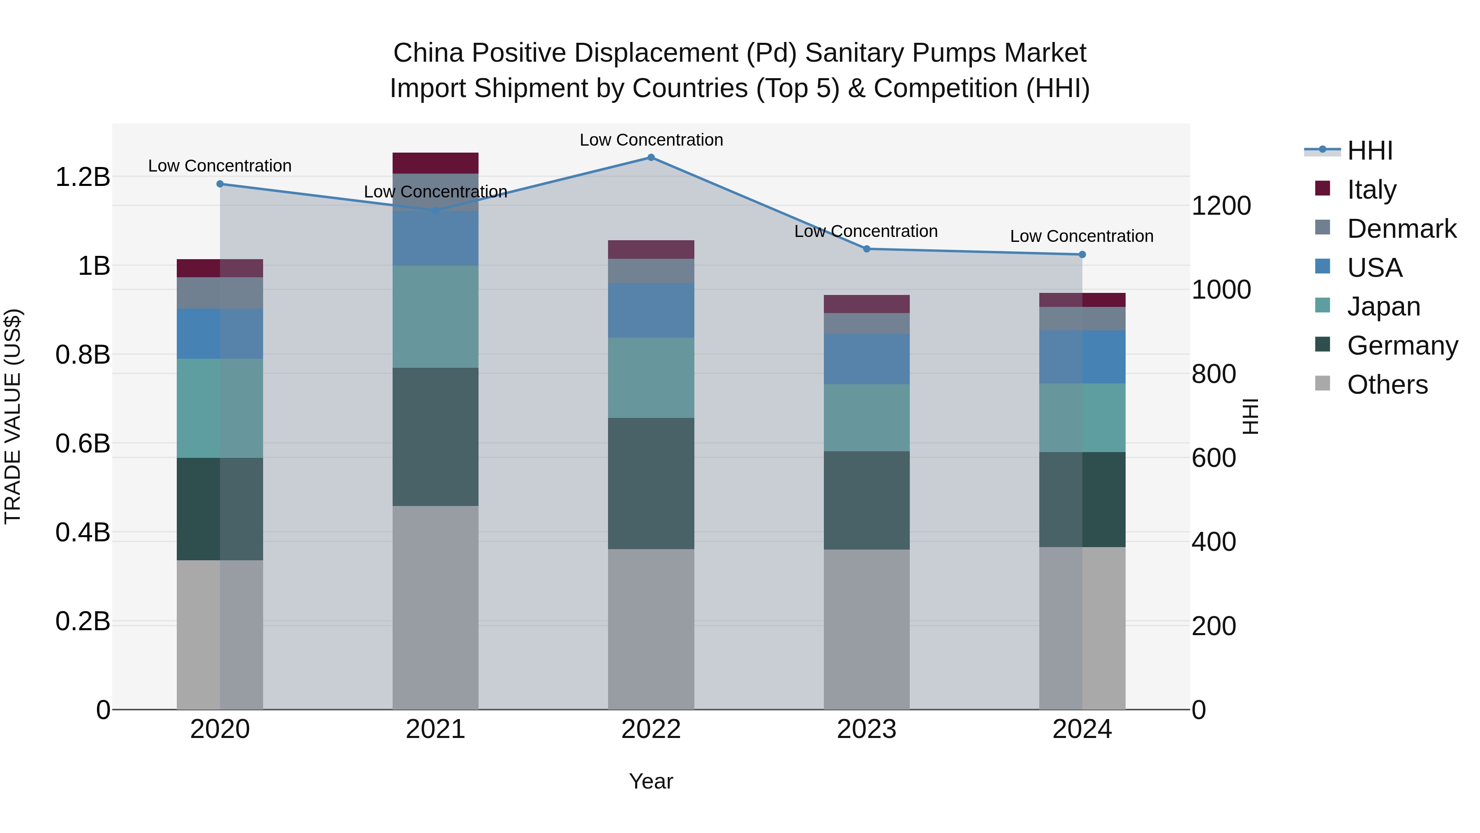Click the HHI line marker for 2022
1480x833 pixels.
(x=651, y=158)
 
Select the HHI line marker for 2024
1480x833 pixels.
(x=1082, y=255)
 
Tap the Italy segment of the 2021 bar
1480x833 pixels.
(x=435, y=163)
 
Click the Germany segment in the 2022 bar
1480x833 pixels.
(x=651, y=483)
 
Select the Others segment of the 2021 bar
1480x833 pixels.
(x=435, y=608)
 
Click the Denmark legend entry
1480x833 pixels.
(x=1401, y=229)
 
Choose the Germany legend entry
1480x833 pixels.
(x=1402, y=346)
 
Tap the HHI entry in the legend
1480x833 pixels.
(x=1370, y=151)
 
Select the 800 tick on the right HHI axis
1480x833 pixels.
(x=1214, y=374)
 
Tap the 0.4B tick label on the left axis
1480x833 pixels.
(x=82, y=532)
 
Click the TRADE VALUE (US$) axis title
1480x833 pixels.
(x=13, y=416)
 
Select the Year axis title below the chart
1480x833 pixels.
(x=651, y=781)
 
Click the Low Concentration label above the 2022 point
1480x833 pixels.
(x=651, y=140)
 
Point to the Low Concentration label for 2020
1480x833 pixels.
(x=220, y=165)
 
